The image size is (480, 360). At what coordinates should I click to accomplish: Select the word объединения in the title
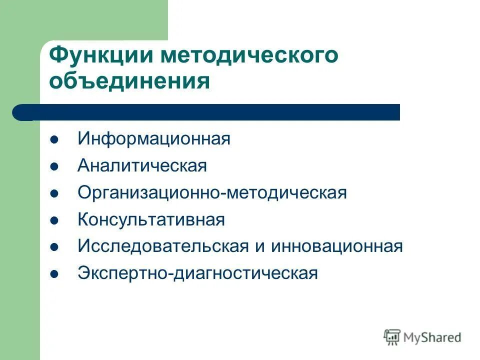[x=129, y=81]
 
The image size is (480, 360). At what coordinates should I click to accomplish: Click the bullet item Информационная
[x=153, y=138]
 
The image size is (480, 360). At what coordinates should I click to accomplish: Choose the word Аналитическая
[x=142, y=165]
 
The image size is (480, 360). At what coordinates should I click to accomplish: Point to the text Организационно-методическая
[x=212, y=192]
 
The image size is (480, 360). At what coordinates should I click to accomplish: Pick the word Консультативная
[x=151, y=219]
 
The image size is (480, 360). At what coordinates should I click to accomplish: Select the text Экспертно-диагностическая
[x=197, y=273]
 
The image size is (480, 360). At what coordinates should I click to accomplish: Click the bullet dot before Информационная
[x=55, y=139]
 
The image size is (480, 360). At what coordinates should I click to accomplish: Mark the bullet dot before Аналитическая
[x=55, y=166]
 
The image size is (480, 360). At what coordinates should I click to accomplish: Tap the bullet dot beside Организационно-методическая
[x=55, y=193]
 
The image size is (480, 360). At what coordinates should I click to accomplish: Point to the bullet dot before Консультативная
[x=55, y=220]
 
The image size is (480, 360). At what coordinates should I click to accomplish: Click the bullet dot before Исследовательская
[x=55, y=247]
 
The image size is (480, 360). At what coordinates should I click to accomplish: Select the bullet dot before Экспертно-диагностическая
[x=55, y=274]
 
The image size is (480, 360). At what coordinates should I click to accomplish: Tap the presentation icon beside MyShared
[x=392, y=337]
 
